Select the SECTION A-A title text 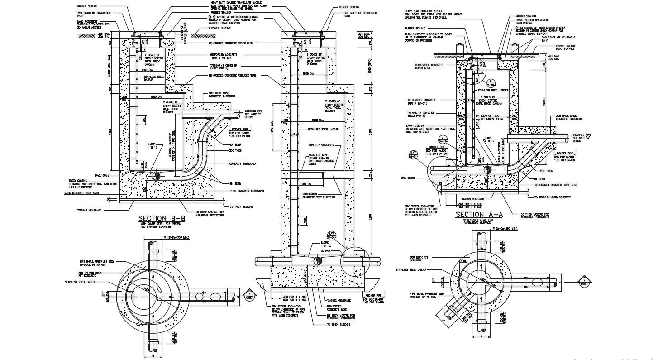pyautogui.click(x=479, y=214)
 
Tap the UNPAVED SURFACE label pyautogui.click(x=220, y=28)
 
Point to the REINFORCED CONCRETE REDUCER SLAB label pyautogui.click(x=232, y=77)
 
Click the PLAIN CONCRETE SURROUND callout pyautogui.click(x=247, y=191)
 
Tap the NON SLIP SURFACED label pyautogui.click(x=321, y=145)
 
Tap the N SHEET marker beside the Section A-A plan pyautogui.click(x=585, y=282)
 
